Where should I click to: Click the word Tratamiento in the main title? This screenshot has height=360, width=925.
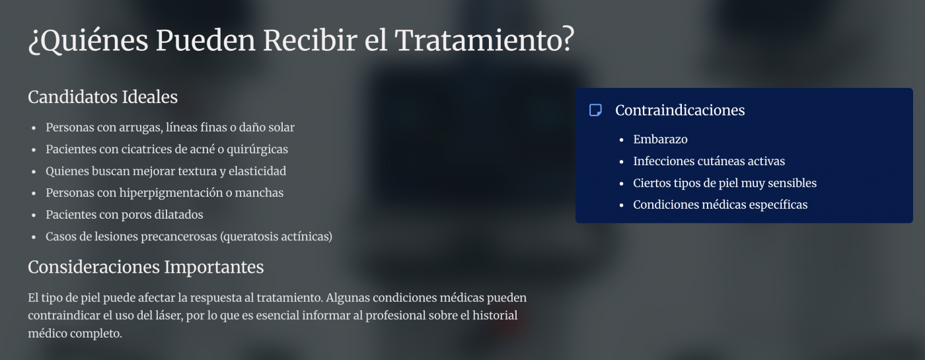click(x=484, y=41)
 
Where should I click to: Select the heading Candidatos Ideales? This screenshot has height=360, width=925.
click(x=102, y=97)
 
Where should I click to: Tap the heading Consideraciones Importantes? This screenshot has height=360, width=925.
click(x=145, y=267)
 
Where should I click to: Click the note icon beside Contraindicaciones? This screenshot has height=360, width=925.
click(x=595, y=110)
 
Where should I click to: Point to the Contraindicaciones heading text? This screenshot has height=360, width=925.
click(x=680, y=110)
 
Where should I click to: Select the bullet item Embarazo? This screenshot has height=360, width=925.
click(x=660, y=139)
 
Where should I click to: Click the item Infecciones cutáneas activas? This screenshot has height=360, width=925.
click(x=709, y=161)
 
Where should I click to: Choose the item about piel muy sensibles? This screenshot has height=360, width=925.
click(x=725, y=183)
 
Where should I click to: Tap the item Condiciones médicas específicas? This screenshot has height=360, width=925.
click(x=720, y=205)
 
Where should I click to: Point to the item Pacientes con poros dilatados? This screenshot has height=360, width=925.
click(x=124, y=215)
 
